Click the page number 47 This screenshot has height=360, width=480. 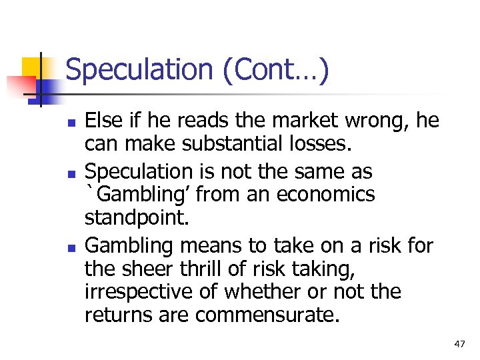point(459,344)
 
